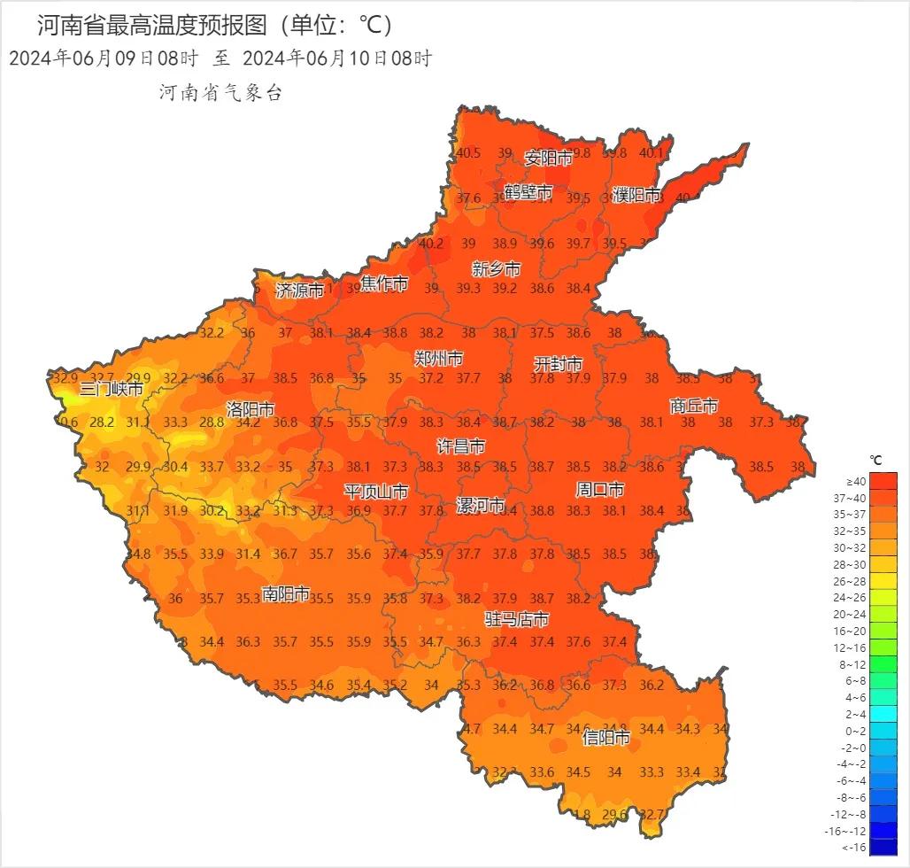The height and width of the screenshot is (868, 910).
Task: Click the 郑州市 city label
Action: point(438,359)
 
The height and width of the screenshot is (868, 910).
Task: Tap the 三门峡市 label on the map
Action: point(111,389)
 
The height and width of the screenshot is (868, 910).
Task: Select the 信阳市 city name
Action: point(606,737)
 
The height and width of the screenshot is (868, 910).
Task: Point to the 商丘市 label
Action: point(693,406)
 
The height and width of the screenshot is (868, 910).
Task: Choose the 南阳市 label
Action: point(286,593)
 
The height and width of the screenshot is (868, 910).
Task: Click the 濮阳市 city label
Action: point(636,195)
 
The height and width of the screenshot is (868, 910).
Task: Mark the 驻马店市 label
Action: point(516,619)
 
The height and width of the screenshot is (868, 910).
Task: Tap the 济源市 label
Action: point(299,290)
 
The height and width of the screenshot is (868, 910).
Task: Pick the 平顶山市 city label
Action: point(376,492)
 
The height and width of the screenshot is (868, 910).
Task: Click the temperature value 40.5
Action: point(468,153)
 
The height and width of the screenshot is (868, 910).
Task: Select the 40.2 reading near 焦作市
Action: point(431,244)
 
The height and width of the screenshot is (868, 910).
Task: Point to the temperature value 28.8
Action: point(212,422)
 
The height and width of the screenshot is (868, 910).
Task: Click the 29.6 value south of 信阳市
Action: point(614,815)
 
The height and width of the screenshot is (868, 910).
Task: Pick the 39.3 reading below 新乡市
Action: point(467,289)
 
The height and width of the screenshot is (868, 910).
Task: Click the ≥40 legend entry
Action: point(856,481)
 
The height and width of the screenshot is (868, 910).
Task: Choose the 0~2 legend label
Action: point(855,731)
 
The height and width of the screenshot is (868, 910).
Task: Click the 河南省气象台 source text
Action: point(220,93)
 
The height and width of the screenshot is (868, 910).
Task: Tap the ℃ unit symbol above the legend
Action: point(875,461)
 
